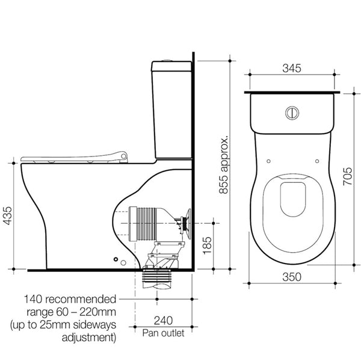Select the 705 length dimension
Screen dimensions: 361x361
pyautogui.click(x=348, y=176)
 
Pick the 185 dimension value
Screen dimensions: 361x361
pyautogui.click(x=208, y=245)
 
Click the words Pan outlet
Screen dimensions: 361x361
pyautogui.click(x=162, y=332)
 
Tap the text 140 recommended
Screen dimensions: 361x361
pyautogui.click(x=70, y=300)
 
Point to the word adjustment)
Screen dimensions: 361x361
pyautogui.click(x=89, y=338)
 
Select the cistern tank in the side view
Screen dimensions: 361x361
pyautogui.click(x=172, y=108)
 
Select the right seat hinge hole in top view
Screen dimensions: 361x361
pyautogui.click(x=317, y=161)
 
